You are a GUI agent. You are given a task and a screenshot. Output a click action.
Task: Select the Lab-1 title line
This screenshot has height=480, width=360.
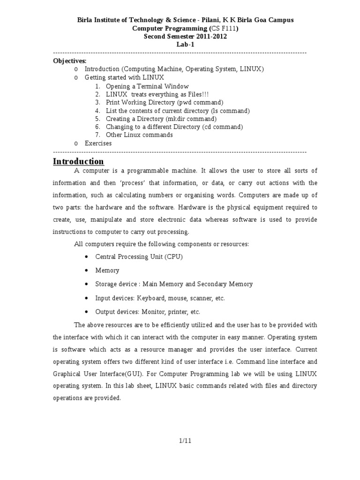(185, 45)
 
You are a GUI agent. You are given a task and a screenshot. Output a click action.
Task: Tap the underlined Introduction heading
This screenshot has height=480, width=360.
(78, 162)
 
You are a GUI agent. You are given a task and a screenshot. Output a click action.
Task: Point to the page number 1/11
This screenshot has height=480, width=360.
(185, 440)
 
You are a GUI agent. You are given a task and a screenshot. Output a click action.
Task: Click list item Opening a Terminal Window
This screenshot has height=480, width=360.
(147, 86)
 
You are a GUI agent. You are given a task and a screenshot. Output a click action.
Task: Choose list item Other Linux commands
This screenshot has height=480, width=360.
(139, 135)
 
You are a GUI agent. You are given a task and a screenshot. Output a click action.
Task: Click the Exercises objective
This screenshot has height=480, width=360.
(98, 143)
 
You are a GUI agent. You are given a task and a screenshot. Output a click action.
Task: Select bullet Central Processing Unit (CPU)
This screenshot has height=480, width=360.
(139, 257)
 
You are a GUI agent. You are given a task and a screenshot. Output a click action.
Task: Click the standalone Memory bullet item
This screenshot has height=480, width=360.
(107, 270)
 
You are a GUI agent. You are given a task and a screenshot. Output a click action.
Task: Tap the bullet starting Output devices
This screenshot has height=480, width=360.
(148, 312)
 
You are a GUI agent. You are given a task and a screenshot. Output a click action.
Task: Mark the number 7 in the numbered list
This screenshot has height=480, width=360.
(97, 135)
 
